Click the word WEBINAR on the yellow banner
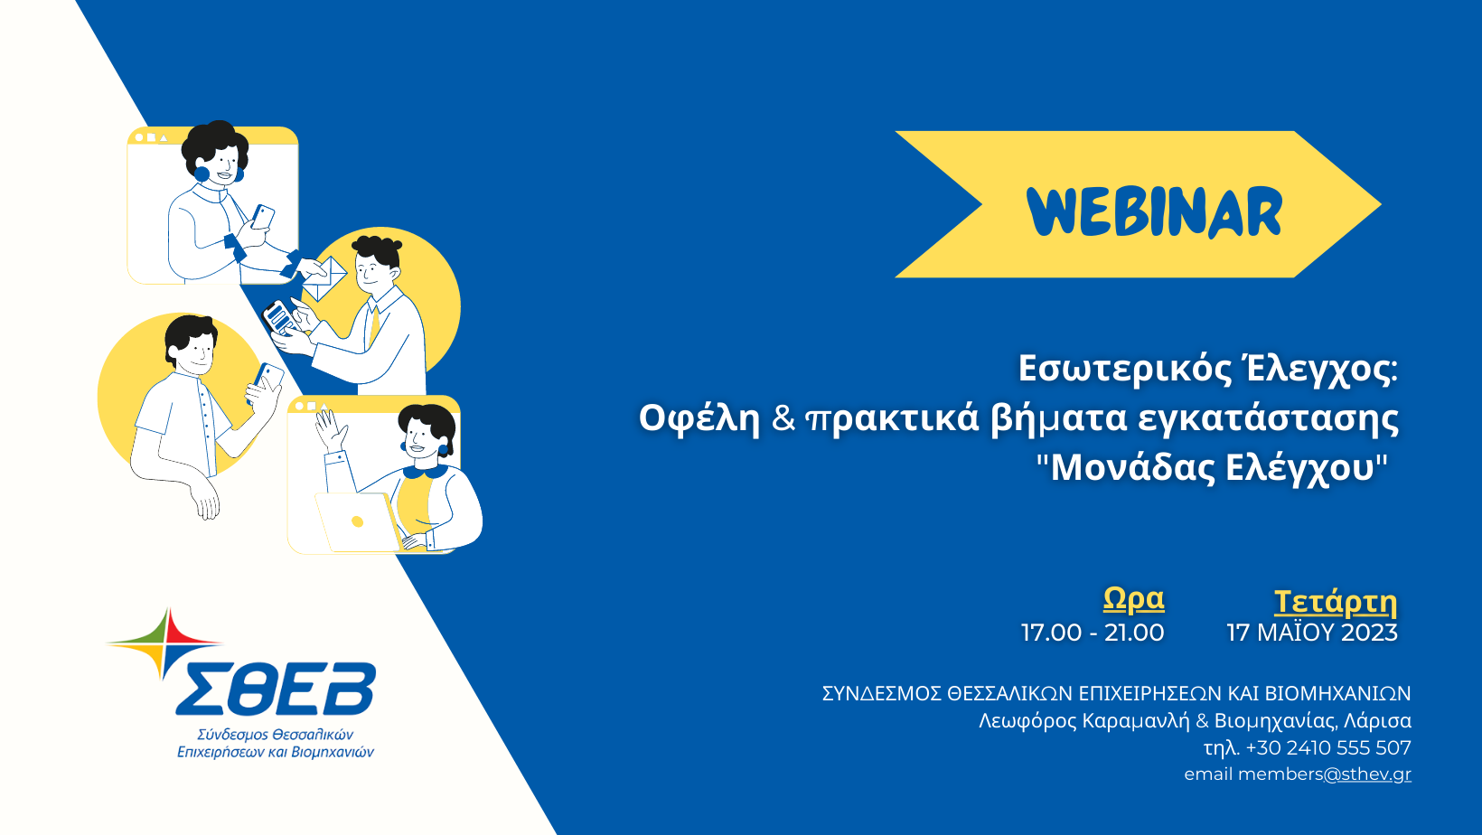point(1155,211)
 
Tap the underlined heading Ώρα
point(1133,599)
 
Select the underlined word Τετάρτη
point(1336,602)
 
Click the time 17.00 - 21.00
point(1093,633)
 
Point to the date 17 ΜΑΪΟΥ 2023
point(1312,632)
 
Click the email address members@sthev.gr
point(1324,774)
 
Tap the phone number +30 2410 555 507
point(1328,747)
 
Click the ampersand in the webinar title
point(783,418)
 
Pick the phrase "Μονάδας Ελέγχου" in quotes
point(1212,468)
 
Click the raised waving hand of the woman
point(331,430)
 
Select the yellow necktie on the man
point(374,324)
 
